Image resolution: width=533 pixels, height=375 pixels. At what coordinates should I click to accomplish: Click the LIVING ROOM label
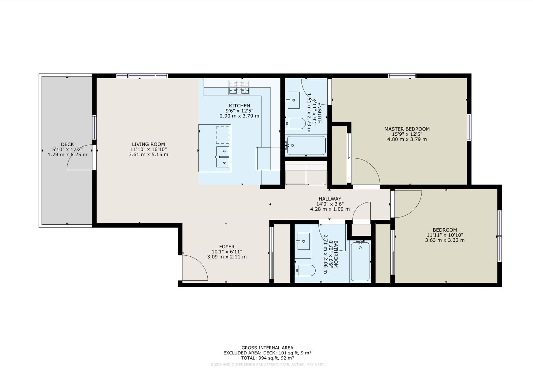(x=148, y=144)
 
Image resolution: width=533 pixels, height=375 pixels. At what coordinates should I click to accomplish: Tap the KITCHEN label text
(x=239, y=106)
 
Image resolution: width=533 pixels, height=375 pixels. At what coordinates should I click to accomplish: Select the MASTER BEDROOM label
(x=407, y=129)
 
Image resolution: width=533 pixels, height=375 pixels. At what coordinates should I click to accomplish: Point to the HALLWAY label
(x=330, y=199)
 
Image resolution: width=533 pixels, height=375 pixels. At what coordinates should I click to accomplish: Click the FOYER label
(x=227, y=247)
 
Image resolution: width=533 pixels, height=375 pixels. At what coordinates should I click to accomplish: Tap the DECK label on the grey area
(x=67, y=144)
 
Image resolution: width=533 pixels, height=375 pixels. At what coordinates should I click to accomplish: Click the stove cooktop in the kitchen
(x=239, y=87)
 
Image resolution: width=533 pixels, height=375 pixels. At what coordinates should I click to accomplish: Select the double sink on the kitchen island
(x=223, y=157)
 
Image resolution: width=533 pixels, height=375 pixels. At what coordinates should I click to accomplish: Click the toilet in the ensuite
(x=296, y=123)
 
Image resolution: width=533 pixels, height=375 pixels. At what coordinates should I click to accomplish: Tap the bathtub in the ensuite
(x=306, y=145)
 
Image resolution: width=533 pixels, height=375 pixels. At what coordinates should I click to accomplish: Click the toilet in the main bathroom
(x=305, y=270)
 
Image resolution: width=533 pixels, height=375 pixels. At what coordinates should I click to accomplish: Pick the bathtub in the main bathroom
(x=360, y=262)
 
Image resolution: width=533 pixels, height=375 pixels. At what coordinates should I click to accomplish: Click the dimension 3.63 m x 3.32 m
(x=444, y=240)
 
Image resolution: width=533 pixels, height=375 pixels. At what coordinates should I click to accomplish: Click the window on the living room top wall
(x=142, y=76)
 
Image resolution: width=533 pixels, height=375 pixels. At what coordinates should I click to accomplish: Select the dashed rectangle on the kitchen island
(x=223, y=135)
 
